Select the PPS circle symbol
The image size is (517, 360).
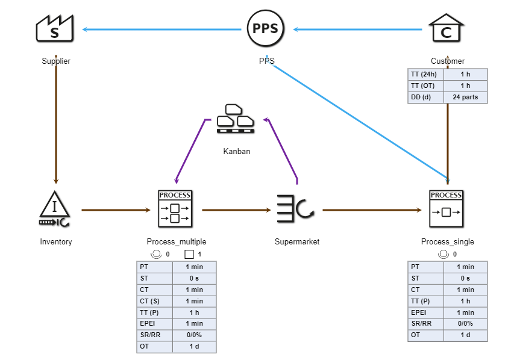[266, 29]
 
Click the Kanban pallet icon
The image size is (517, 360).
[236, 119]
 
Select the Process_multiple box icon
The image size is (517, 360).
[175, 209]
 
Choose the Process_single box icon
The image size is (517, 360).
[446, 209]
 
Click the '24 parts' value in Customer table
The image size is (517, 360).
[465, 97]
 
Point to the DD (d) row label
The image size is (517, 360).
[426, 97]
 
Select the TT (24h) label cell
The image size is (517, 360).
[426, 74]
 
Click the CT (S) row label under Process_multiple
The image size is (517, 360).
[155, 301]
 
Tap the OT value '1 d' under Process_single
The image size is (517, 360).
[465, 335]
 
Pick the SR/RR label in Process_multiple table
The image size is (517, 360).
[155, 335]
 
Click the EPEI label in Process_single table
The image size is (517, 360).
[426, 312]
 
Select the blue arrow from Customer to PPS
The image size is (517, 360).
[356, 29]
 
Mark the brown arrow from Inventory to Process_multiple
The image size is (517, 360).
[114, 210]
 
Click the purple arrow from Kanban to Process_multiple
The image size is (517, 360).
[190, 151]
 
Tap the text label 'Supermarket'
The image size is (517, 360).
[296, 242]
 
